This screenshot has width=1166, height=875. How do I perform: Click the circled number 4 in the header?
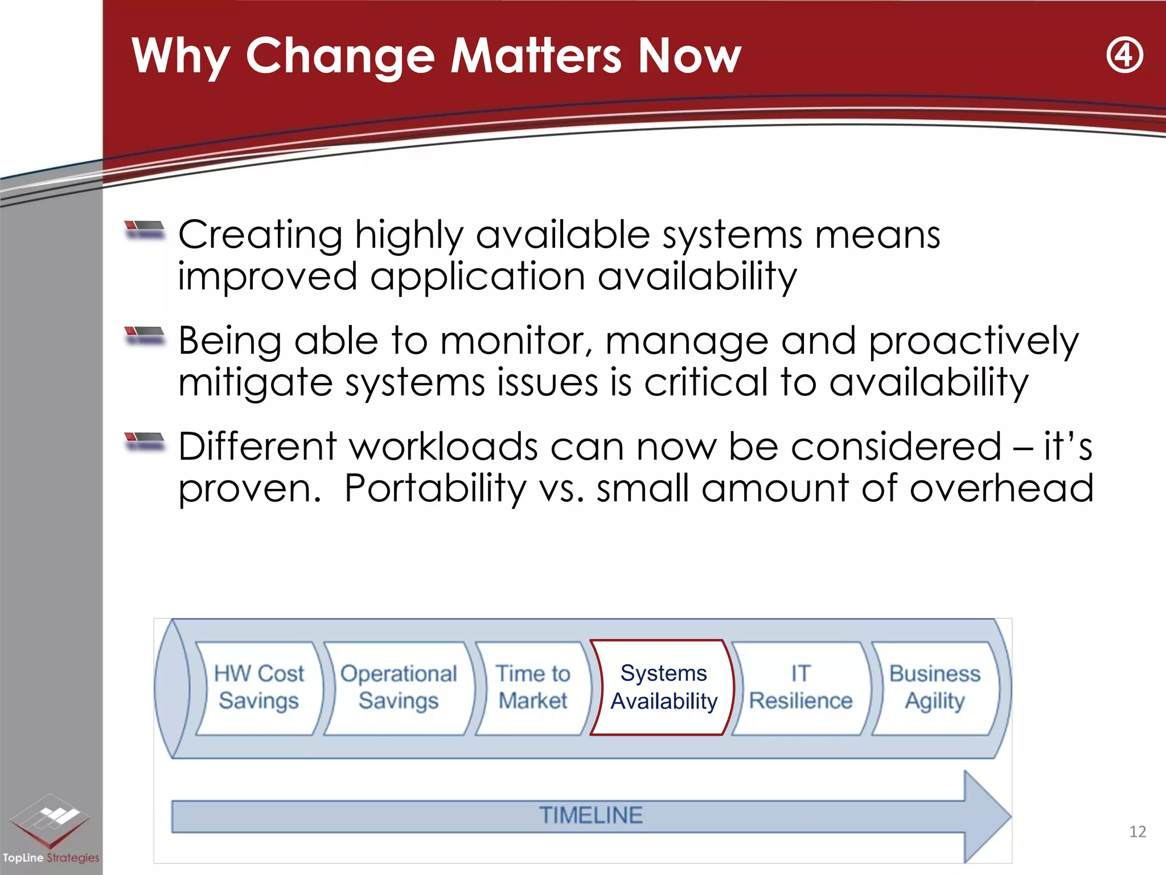pos(1124,56)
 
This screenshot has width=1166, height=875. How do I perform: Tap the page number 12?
pos(1137,832)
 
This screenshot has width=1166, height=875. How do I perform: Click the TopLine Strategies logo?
pos(50,829)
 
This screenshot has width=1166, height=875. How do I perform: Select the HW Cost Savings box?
pos(259,688)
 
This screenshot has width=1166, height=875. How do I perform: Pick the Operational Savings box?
pos(399,688)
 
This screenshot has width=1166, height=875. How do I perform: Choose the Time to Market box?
pos(533,688)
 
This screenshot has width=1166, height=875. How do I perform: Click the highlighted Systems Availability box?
pos(663,688)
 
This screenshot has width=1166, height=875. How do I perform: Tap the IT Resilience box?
pos(800,688)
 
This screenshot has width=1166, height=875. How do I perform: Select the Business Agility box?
pos(935,688)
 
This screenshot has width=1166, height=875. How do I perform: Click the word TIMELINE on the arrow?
pos(590,815)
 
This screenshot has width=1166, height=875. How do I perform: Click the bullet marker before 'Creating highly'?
pos(145,230)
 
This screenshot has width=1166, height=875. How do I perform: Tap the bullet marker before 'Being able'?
pos(145,336)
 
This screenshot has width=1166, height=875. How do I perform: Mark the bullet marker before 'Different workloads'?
pos(145,441)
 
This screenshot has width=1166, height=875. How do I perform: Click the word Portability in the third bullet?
pos(436,489)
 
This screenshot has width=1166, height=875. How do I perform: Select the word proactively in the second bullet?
pos(973,341)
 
